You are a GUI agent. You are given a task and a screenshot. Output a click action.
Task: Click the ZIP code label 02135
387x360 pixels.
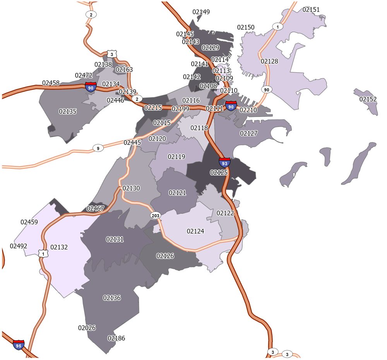[68, 111]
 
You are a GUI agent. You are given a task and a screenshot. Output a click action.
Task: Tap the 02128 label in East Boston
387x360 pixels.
[269, 61]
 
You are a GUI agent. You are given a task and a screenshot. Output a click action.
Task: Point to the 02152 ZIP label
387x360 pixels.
[368, 99]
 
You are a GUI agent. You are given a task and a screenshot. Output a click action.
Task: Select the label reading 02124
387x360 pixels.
[195, 231]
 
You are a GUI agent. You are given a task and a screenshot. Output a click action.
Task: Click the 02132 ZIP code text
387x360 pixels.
[59, 247]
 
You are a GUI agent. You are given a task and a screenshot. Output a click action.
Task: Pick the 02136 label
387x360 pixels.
[112, 298]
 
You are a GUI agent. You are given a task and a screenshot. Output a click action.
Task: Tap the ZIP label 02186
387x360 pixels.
[116, 338]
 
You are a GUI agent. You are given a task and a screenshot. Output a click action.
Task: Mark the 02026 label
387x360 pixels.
[87, 328]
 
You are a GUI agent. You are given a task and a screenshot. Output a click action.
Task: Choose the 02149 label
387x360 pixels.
[201, 12]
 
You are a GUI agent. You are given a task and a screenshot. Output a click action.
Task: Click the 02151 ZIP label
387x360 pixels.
[311, 10]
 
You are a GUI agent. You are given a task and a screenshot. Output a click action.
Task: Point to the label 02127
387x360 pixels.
[248, 133]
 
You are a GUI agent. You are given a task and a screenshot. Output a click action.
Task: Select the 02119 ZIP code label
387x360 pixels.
[176, 157]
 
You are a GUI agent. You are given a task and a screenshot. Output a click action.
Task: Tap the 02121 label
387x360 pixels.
[177, 192]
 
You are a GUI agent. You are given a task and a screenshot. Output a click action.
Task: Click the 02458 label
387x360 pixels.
[51, 83]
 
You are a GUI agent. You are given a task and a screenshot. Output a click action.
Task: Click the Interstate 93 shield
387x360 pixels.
[225, 162]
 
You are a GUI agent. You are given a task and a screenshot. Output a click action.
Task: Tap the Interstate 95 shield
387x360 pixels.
[19, 345]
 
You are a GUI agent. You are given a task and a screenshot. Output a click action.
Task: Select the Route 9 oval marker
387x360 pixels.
[98, 148]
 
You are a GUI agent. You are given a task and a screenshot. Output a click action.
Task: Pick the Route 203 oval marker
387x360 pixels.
[155, 215]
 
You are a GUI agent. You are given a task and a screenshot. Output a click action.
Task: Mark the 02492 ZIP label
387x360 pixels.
[19, 246]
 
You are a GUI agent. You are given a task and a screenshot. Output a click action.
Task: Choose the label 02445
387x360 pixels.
[132, 143]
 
